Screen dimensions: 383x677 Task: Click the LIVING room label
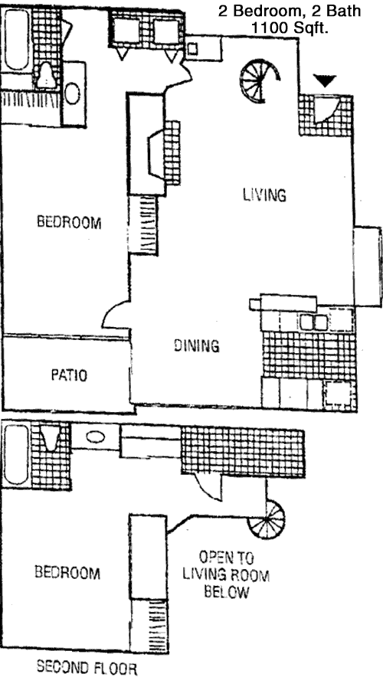pyautogui.click(x=264, y=195)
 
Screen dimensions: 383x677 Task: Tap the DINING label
pyautogui.click(x=196, y=345)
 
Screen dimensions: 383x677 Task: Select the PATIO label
pyautogui.click(x=69, y=374)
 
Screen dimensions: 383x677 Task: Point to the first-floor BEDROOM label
pyautogui.click(x=69, y=222)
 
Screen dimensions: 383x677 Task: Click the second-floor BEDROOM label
pyautogui.click(x=67, y=573)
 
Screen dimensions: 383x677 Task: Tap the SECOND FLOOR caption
pyautogui.click(x=87, y=668)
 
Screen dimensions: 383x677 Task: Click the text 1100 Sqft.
pyautogui.click(x=290, y=28)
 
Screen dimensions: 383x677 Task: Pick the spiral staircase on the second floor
pyautogui.click(x=267, y=519)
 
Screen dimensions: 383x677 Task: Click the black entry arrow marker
pyautogui.click(x=325, y=80)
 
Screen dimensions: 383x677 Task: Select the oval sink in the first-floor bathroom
pyautogui.click(x=72, y=93)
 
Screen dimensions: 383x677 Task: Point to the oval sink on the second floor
pyautogui.click(x=96, y=437)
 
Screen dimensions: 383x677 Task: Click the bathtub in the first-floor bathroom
pyautogui.click(x=16, y=40)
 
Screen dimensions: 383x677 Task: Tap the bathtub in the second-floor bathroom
pyautogui.click(x=16, y=455)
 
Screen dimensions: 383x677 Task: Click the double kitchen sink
pyautogui.click(x=314, y=322)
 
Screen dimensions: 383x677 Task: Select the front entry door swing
pyautogui.click(x=324, y=110)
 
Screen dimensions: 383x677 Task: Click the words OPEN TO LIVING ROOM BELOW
pyautogui.click(x=226, y=574)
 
